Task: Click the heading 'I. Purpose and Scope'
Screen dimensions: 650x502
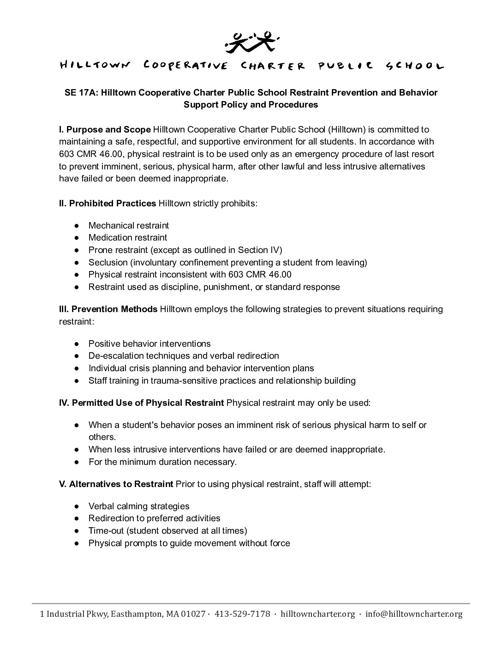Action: (x=105, y=130)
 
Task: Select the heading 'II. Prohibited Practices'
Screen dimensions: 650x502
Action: (x=108, y=203)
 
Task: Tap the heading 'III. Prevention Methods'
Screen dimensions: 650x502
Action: (x=108, y=309)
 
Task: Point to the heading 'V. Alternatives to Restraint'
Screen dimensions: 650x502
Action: (x=116, y=484)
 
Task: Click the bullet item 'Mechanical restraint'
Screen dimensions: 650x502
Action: (x=129, y=226)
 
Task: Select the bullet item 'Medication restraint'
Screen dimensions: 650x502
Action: (x=128, y=238)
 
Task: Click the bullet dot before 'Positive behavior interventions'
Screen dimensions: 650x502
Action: (x=77, y=344)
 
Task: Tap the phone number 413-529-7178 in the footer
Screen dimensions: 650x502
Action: (x=242, y=614)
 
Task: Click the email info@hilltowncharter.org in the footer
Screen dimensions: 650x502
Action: (x=413, y=614)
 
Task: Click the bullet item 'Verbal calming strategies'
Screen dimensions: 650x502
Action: (x=139, y=506)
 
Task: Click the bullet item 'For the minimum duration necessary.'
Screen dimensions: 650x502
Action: (x=162, y=462)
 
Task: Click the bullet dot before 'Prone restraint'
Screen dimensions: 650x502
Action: (x=77, y=250)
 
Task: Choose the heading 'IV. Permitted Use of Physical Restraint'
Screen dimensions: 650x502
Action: (x=141, y=403)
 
